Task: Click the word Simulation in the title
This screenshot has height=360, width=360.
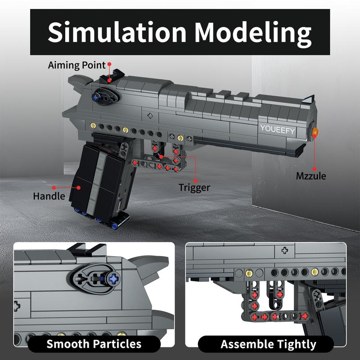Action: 118,32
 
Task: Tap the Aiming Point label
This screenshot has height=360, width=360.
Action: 76,65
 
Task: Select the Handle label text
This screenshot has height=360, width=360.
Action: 49,196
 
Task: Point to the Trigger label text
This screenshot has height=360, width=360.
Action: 194,187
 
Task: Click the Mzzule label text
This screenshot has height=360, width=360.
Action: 310,176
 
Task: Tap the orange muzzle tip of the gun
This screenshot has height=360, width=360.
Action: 315,132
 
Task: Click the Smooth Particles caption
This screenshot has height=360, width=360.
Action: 94,345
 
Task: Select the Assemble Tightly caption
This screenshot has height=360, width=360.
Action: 268,345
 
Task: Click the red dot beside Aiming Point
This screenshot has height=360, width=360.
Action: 109,65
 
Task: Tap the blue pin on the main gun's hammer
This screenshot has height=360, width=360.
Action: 97,96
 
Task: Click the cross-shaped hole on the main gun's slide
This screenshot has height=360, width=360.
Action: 150,115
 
